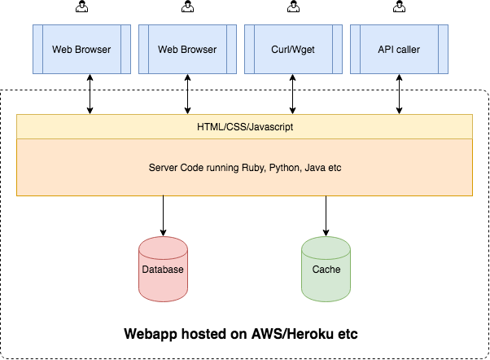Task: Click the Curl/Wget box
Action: click(x=293, y=50)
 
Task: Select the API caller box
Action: click(x=399, y=50)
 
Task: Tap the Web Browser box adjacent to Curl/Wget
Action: click(x=187, y=50)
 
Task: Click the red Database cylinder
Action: click(x=163, y=269)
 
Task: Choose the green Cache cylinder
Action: click(x=326, y=269)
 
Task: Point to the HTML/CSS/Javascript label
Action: click(x=244, y=127)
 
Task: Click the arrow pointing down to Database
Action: click(x=163, y=215)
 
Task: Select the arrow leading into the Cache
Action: click(x=326, y=215)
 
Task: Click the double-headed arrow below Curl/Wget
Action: click(x=293, y=94)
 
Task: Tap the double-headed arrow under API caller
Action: click(x=399, y=94)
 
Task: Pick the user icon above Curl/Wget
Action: click(x=293, y=7)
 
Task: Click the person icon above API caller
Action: click(x=399, y=7)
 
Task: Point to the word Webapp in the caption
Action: click(x=150, y=335)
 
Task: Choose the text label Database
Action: click(x=163, y=270)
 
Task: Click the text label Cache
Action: click(x=326, y=270)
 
